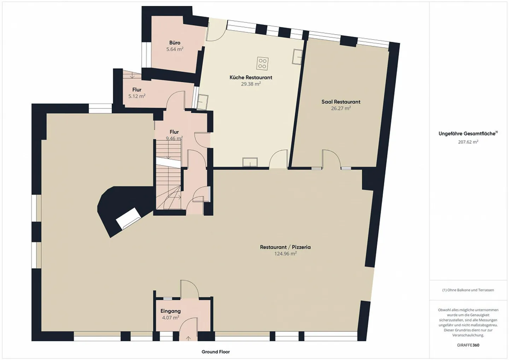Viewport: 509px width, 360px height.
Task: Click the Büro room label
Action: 175,43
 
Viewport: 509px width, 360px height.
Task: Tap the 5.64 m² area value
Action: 175,49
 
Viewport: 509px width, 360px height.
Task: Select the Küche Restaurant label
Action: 251,77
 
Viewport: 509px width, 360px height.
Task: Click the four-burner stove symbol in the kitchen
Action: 262,63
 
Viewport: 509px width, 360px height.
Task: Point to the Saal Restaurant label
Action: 341,102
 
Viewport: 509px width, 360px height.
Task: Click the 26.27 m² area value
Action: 341,108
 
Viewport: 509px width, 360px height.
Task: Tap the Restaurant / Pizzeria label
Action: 285,247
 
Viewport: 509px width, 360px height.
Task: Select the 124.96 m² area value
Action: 285,254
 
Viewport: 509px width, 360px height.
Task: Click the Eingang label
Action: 170,311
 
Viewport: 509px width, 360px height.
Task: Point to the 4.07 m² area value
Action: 170,318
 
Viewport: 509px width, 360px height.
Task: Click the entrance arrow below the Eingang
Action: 188,338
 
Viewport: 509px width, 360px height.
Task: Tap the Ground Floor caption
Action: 216,352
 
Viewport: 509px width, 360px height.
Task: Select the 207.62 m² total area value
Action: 468,142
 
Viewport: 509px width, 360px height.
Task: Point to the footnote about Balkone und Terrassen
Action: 468,290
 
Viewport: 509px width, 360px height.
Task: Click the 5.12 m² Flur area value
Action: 137,96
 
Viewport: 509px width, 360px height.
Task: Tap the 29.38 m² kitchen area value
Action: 251,84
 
